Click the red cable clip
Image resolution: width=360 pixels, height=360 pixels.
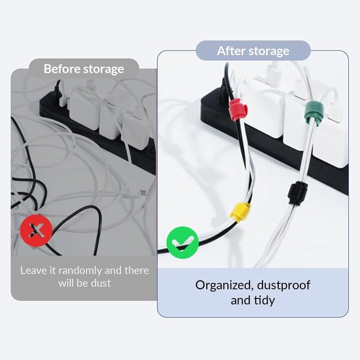pos(238,109)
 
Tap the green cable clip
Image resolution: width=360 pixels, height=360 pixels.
pos(314,113)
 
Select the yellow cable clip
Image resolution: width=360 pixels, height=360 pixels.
pos(240,211)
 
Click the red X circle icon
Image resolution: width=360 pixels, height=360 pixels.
pos(36,230)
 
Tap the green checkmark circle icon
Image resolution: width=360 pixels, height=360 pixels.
pos(183,242)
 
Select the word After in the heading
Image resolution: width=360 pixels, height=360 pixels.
pos(231,51)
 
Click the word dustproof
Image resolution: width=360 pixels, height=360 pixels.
pos(284,285)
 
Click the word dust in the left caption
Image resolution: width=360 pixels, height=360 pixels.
pos(101,283)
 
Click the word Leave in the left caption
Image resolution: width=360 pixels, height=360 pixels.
pos(34,270)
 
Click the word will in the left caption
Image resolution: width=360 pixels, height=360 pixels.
pos(66,283)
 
